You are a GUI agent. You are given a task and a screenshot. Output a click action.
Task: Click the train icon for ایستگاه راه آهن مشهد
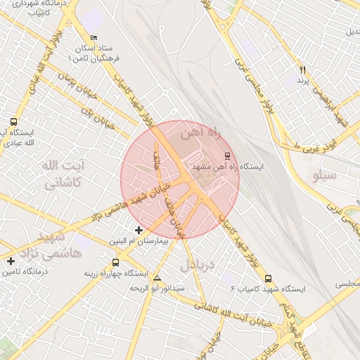pos(226,155)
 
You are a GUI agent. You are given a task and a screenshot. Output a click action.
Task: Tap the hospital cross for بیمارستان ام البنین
pos(139,230)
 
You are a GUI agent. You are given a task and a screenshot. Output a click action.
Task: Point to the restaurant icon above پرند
pos(303,70)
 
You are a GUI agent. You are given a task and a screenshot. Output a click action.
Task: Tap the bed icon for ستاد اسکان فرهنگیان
pos(94,37)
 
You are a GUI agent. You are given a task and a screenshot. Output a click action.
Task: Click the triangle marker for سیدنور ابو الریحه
pos(156,278)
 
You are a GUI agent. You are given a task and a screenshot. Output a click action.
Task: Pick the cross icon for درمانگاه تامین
pos(11,262)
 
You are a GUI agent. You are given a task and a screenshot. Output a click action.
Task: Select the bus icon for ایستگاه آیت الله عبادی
pos(14,122)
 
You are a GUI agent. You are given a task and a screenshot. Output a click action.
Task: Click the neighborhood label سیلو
pos(325,175)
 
